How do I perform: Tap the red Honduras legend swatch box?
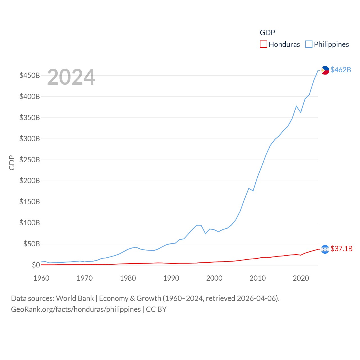263,44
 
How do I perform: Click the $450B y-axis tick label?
30,75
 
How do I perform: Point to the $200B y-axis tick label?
30,181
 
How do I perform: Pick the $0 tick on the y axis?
36,265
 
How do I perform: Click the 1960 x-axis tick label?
41,278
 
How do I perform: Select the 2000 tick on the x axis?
214,278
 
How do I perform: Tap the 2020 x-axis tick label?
301,278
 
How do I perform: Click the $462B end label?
341,70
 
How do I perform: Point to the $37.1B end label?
341,249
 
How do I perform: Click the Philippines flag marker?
325,70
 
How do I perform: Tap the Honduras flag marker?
325,249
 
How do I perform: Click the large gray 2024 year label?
71,77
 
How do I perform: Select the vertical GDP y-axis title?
12,163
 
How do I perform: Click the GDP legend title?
267,33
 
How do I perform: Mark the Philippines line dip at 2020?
301,112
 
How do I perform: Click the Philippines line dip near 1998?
206,233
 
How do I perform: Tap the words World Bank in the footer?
75,298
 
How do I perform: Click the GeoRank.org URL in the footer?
76,309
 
